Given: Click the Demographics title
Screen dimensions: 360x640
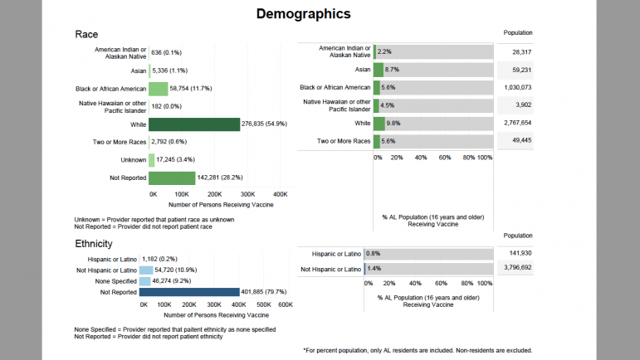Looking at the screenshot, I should click(303, 13).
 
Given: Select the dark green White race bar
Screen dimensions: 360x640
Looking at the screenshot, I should click(194, 124).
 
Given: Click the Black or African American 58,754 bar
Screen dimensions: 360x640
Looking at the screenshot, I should click(159, 88).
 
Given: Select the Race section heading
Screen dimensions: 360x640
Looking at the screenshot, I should click(86, 35).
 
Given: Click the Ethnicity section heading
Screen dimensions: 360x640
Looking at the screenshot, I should click(94, 244).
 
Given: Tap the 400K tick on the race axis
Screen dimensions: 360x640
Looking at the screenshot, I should click(280, 193).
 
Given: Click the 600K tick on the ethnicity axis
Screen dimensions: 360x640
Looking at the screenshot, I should click(286, 305).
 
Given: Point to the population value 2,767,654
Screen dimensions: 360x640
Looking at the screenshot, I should click(517, 123).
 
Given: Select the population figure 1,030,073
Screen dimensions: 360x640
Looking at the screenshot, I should click(517, 87).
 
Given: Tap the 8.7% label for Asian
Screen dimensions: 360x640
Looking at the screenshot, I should click(393, 70).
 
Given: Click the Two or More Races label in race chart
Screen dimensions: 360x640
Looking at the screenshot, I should click(121, 142).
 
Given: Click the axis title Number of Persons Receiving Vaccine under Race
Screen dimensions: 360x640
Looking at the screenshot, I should click(216, 204).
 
